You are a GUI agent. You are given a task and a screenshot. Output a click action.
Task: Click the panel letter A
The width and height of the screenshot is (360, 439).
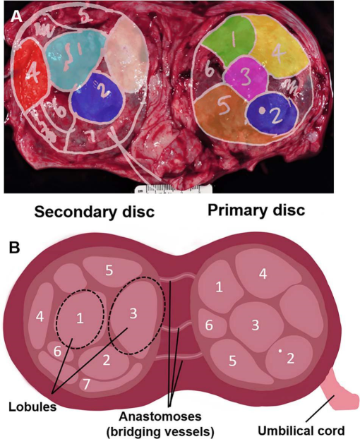[16, 17]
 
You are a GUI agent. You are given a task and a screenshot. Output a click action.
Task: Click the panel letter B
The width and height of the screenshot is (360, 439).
[15, 248]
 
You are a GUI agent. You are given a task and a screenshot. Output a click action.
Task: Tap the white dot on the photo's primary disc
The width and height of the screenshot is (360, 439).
[262, 110]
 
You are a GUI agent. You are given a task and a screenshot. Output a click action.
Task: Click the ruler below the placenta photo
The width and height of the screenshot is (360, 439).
[173, 188]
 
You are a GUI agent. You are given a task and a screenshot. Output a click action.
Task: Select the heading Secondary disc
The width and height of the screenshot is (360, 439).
[95, 212]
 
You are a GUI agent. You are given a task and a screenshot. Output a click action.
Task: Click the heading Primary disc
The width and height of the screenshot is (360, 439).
[256, 210]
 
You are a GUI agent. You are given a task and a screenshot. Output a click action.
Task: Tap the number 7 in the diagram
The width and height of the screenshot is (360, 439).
[86, 385]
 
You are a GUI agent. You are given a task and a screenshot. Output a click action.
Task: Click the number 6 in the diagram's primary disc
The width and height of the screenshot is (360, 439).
[209, 325]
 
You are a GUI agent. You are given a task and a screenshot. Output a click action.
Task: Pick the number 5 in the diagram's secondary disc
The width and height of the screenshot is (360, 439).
[109, 270]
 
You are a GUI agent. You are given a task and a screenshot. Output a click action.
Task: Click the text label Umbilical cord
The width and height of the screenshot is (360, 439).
[301, 431]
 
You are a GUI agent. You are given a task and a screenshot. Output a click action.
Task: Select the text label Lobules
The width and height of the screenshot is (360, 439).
[32, 407]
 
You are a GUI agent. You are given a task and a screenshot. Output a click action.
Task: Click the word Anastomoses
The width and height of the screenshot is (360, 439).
[160, 416]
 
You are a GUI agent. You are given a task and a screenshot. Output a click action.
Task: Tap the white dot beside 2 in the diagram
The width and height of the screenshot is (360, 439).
[280, 351]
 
